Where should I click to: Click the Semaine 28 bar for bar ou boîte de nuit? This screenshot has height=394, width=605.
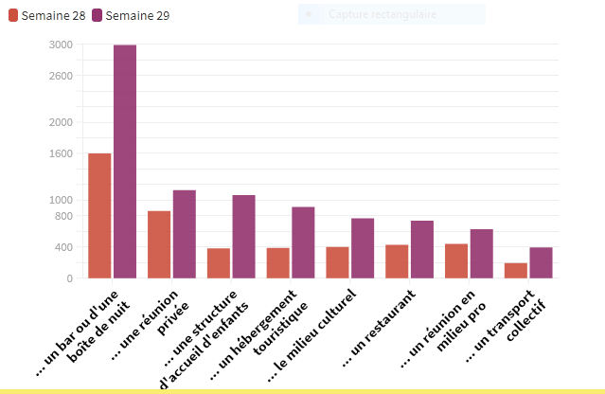(99, 216)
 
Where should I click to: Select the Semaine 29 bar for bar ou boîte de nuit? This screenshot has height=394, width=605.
(125, 161)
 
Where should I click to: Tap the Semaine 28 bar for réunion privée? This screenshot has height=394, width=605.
(159, 244)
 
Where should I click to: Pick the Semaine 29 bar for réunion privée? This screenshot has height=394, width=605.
(184, 234)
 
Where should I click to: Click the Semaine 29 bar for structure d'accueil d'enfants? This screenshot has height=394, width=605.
(243, 237)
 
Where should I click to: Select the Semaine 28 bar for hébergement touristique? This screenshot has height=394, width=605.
(278, 263)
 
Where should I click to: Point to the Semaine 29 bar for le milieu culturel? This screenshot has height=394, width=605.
(363, 248)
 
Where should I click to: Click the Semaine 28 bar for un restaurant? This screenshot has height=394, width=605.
(398, 261)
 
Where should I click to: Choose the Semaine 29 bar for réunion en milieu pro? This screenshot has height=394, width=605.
(482, 254)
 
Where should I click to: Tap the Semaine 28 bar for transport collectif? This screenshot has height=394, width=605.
(516, 271)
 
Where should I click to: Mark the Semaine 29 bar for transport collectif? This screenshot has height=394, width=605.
(542, 263)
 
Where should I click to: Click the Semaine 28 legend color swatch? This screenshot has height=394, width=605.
(13, 16)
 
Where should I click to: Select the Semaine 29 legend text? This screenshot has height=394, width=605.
(137, 16)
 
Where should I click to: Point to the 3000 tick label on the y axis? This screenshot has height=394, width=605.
(61, 45)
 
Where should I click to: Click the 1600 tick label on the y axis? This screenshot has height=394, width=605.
(61, 153)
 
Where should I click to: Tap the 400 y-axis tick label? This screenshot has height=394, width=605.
(63, 247)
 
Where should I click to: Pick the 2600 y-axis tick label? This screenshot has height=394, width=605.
(61, 76)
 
